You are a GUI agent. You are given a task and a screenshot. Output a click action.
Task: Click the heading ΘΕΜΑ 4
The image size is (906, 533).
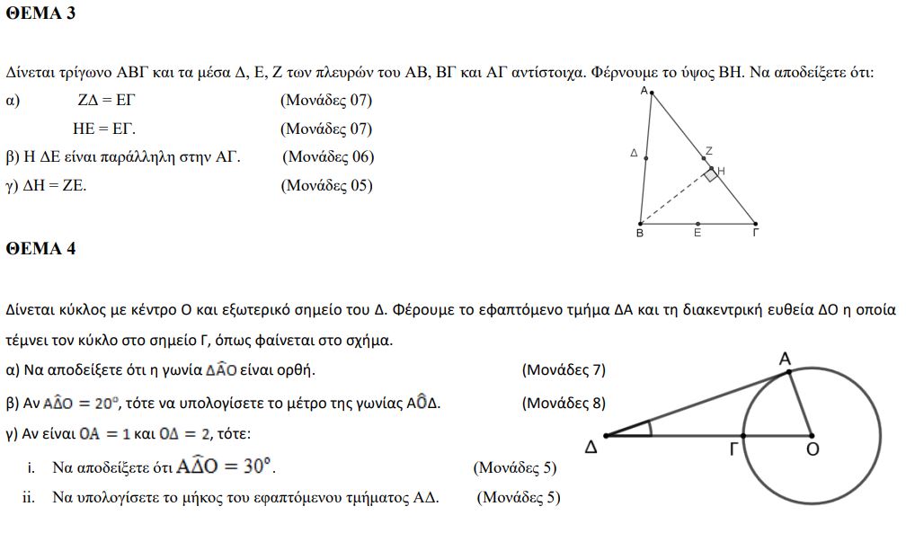click(40, 249)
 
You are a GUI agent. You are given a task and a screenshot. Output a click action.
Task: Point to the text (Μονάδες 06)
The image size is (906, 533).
click(328, 157)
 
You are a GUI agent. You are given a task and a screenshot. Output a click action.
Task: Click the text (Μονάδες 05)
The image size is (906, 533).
click(326, 186)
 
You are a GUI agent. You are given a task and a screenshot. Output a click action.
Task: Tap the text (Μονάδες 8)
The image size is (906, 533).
click(564, 403)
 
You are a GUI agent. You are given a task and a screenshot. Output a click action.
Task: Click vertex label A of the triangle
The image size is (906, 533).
click(644, 91)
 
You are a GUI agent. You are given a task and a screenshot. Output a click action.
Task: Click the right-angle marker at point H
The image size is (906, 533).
click(710, 174)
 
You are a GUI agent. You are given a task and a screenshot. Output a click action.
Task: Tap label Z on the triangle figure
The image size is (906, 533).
click(708, 151)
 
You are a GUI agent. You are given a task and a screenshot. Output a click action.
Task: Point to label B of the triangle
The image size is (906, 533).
click(639, 235)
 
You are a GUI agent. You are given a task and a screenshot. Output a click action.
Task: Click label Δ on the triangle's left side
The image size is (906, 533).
click(634, 154)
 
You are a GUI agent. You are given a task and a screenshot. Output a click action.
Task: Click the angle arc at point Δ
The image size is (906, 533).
click(649, 429)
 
